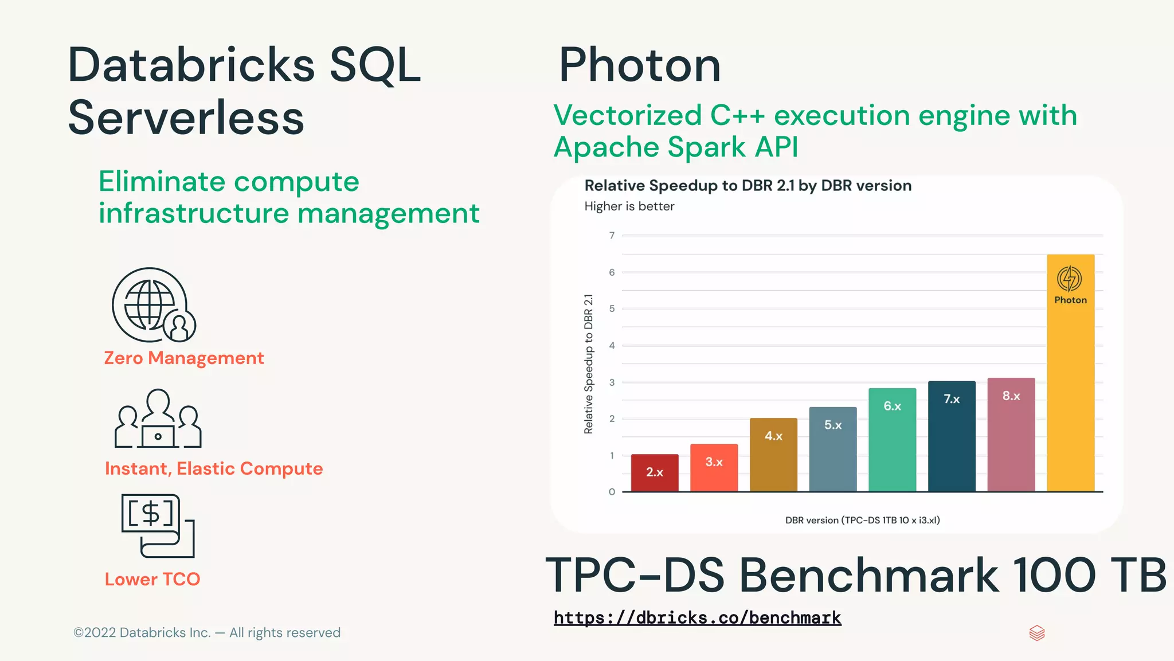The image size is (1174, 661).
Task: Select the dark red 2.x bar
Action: (x=655, y=473)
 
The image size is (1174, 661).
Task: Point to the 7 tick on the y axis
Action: (x=612, y=236)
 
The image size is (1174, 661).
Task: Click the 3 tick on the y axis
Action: (x=612, y=382)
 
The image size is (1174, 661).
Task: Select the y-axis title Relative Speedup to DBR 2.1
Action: (x=588, y=364)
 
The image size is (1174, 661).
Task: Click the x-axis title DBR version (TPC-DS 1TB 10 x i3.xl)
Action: (x=862, y=520)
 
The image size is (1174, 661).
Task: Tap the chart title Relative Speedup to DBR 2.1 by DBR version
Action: (x=748, y=186)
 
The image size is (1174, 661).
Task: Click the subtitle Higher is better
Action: (x=629, y=206)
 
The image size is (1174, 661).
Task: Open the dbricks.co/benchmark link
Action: (x=697, y=617)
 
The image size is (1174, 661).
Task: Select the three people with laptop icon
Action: (x=158, y=419)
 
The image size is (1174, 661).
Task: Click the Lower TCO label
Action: (x=152, y=579)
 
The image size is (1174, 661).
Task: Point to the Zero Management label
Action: (x=183, y=358)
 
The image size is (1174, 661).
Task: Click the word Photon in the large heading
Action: (x=639, y=65)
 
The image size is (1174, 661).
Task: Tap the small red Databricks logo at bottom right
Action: (x=1037, y=633)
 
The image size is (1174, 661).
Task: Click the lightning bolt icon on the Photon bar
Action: (x=1069, y=279)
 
